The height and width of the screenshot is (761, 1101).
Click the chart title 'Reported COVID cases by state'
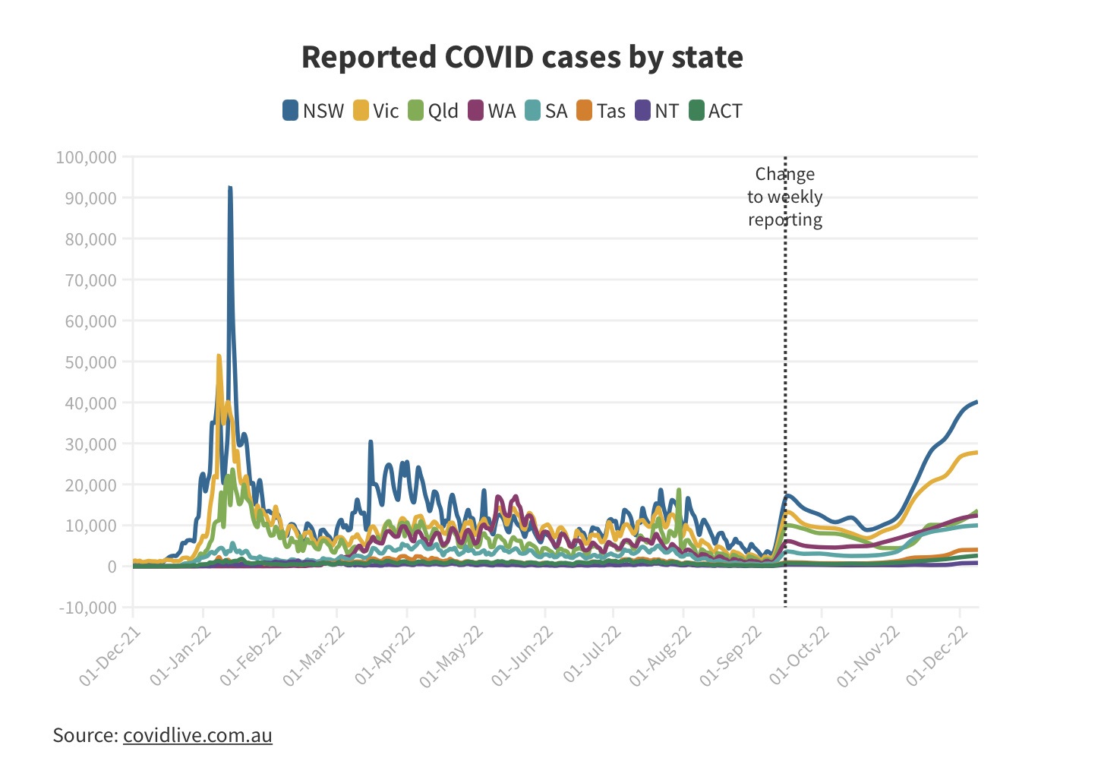(522, 58)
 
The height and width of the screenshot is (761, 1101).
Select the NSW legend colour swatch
(291, 111)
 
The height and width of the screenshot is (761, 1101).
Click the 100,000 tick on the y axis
(87, 157)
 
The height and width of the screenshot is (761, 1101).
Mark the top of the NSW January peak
(229, 187)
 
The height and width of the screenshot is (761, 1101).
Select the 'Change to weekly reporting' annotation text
(785, 197)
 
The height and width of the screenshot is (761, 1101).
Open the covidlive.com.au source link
(197, 735)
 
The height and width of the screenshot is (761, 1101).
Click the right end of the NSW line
(976, 402)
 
